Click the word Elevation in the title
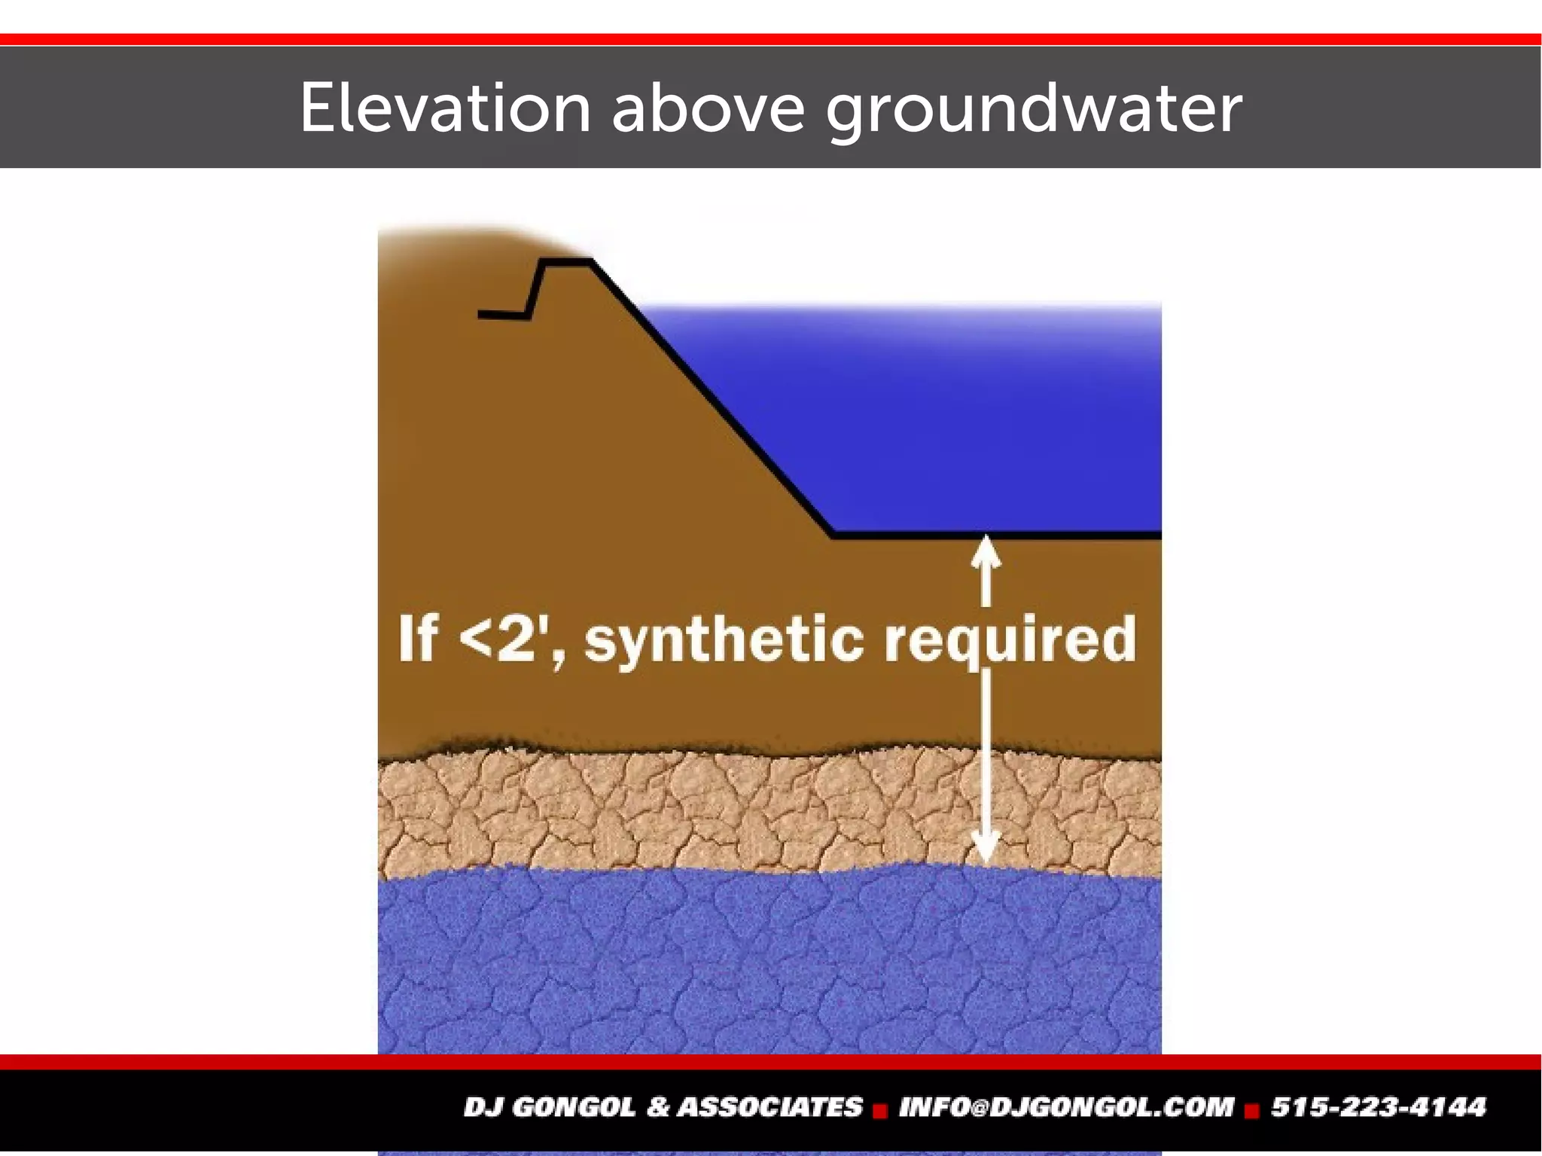(x=445, y=108)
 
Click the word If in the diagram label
(x=418, y=639)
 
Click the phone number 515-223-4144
(x=1379, y=1107)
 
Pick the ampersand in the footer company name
(x=657, y=1107)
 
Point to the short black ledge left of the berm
(x=503, y=315)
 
